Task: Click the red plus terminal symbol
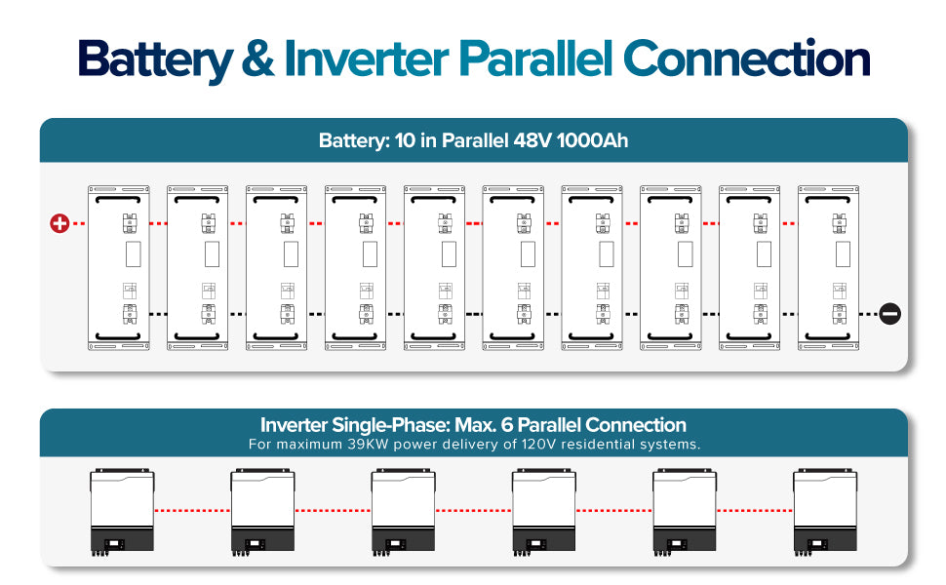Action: point(59,223)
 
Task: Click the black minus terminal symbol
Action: point(889,314)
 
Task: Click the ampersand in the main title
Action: point(257,59)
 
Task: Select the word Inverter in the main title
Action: point(367,59)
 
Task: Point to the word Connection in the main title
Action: point(746,58)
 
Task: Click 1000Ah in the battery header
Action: point(592,140)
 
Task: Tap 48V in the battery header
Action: point(532,140)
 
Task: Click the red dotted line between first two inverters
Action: point(192,511)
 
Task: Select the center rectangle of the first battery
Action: point(134,253)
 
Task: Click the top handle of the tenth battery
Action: point(828,199)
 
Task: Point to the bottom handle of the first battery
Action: point(118,336)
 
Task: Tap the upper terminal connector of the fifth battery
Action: point(446,223)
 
